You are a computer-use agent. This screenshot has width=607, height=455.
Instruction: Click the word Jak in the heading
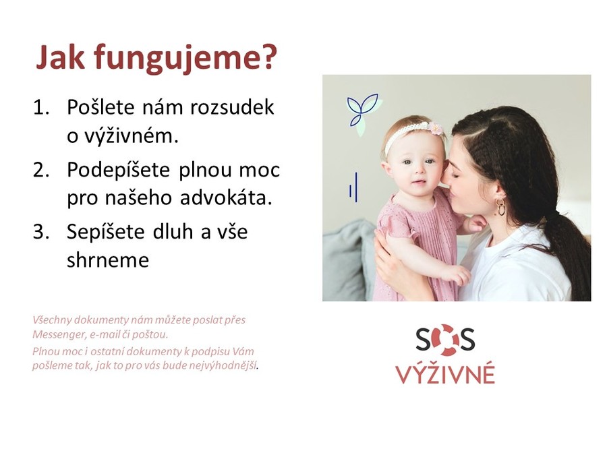(x=60, y=57)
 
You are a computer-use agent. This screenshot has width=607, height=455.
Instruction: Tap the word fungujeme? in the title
(x=185, y=59)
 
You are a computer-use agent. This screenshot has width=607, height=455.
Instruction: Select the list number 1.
(x=41, y=107)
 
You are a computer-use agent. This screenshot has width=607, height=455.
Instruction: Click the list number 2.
(x=41, y=171)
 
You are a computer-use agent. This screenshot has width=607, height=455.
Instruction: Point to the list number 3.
(x=41, y=232)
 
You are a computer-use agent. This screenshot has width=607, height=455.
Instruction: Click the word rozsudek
(x=232, y=107)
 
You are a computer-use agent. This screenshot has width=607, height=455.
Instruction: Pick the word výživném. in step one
(x=123, y=135)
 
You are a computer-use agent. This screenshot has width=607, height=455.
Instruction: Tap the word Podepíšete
(x=119, y=171)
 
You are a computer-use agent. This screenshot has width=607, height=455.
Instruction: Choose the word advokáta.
(x=226, y=198)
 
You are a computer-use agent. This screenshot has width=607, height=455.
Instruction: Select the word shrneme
(x=108, y=260)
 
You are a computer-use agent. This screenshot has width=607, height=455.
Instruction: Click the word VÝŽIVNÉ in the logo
(x=445, y=373)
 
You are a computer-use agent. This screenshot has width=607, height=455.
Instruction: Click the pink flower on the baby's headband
(x=436, y=128)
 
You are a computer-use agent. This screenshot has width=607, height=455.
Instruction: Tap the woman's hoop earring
(x=500, y=207)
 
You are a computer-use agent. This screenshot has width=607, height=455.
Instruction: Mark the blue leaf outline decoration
(x=362, y=109)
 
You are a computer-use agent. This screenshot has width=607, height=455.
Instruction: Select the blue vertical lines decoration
(x=353, y=187)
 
